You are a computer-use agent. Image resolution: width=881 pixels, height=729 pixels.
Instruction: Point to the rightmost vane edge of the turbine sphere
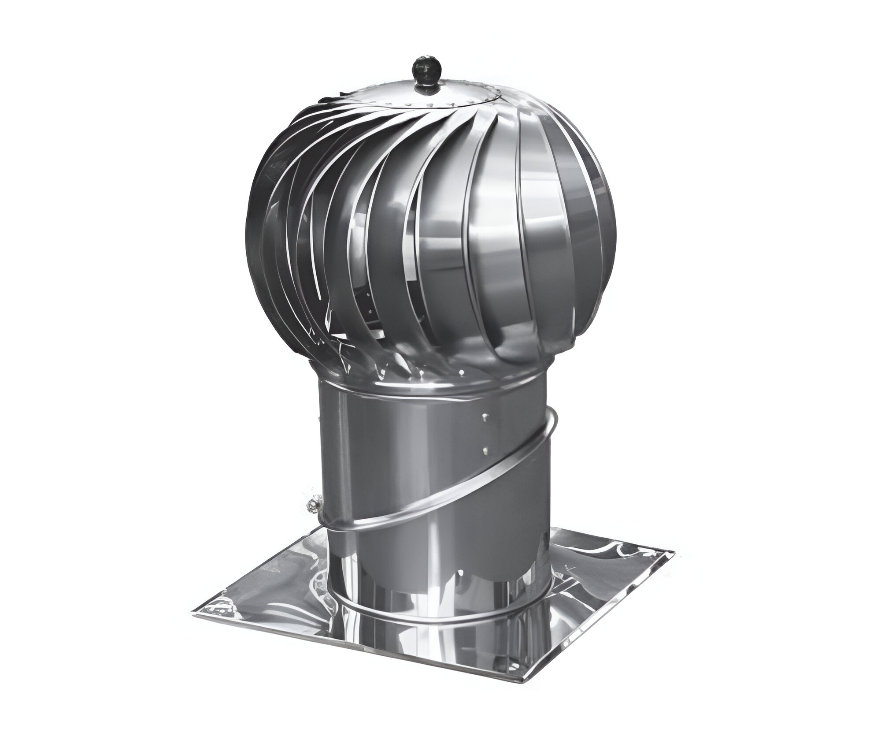[615, 229]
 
